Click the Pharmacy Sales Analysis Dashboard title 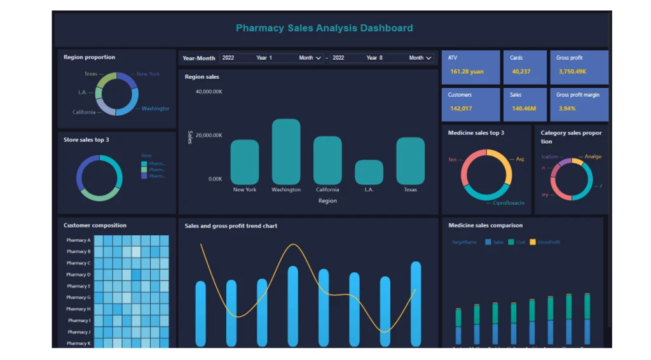coord(324,28)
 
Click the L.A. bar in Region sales coord(369,172)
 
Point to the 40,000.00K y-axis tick coord(209,92)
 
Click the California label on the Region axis coord(327,190)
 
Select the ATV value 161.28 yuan coord(467,71)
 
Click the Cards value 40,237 coord(521,71)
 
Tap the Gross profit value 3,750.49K coord(572,71)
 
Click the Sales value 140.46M coord(524,108)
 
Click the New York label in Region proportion coord(148,74)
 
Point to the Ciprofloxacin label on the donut coord(509,203)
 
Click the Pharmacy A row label coord(78,240)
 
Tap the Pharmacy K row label coord(78,343)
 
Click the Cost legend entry coord(520,242)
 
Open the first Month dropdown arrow coord(319,58)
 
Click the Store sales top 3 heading coord(86,139)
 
